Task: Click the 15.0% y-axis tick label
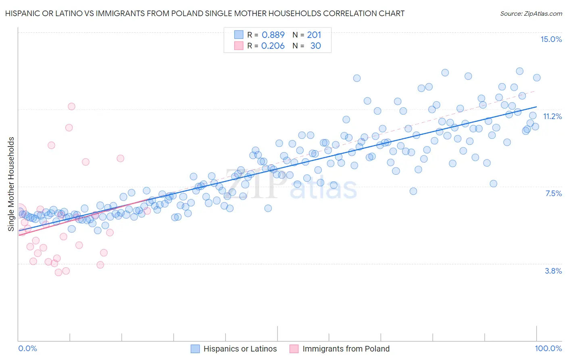click(551, 39)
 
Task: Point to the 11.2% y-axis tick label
click(552, 116)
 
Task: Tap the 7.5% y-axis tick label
click(553, 193)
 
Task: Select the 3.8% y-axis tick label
click(553, 271)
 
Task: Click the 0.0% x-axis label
click(27, 349)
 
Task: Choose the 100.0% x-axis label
click(548, 349)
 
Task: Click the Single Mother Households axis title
click(11, 184)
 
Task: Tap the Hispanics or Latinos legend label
click(240, 349)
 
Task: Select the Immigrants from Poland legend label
click(346, 349)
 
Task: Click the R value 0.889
click(273, 35)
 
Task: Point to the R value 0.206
click(273, 46)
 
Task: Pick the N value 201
click(314, 35)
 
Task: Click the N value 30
click(315, 46)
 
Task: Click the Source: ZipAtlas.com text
click(531, 13)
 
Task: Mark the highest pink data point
click(71, 107)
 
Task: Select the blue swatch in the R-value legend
click(239, 35)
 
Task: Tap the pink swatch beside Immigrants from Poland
click(294, 349)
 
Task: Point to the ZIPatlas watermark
click(290, 186)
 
